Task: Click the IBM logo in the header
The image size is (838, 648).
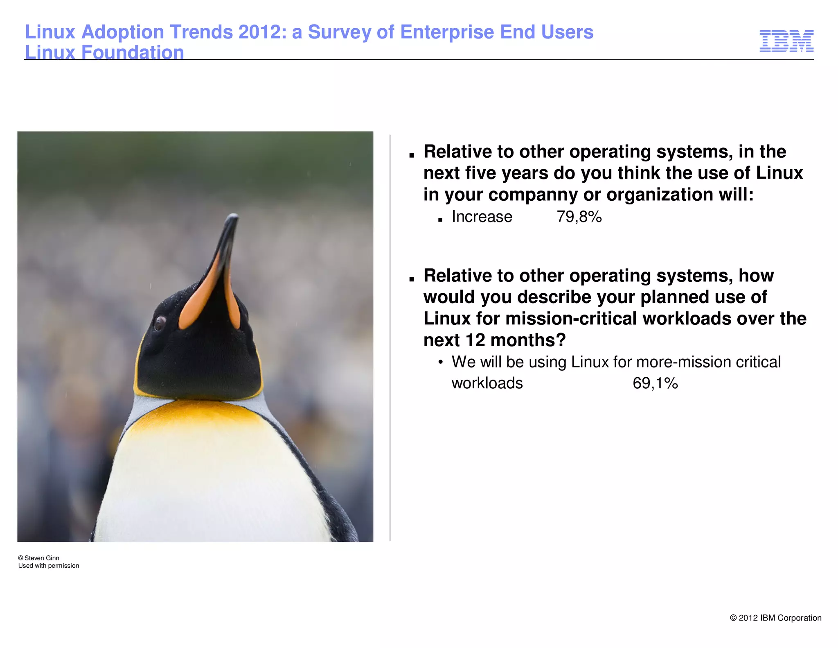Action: coord(786,41)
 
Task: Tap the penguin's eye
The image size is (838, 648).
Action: coord(159,322)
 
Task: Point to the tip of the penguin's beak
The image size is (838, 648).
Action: coord(234,215)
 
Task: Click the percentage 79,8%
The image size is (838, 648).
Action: coord(579,217)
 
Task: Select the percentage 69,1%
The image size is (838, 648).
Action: coord(655,383)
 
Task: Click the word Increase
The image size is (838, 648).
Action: coord(482,217)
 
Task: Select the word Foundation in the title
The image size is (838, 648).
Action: coord(133,53)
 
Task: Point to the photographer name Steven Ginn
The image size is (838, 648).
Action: coord(42,558)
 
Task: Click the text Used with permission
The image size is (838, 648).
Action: coord(49,566)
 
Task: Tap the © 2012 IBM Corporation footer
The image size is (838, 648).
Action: coord(775,618)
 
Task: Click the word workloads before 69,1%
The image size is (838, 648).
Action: coord(487,383)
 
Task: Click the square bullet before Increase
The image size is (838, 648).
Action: coord(440,220)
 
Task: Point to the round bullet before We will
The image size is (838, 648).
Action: coord(440,363)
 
